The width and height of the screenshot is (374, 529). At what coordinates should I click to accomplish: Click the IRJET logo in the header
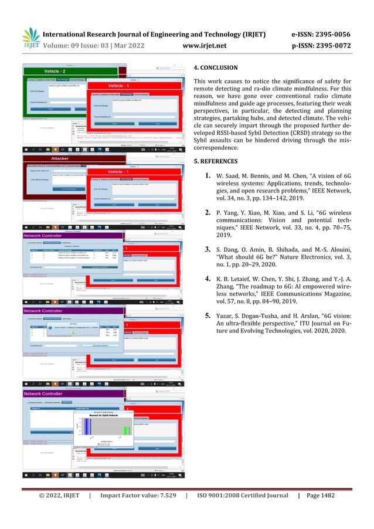pyautogui.click(x=30, y=39)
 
